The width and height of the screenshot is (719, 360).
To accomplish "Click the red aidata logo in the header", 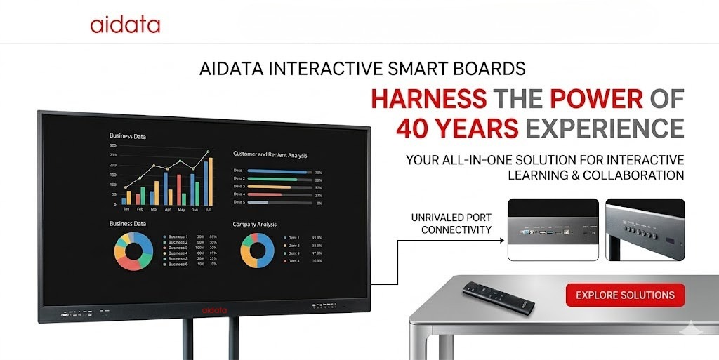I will (125, 26).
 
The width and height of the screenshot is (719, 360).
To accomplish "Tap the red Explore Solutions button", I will (625, 295).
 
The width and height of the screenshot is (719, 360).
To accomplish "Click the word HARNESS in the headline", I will (428, 99).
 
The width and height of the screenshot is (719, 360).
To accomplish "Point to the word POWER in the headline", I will (596, 99).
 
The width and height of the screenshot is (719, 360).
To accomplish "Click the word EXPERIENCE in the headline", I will (605, 128).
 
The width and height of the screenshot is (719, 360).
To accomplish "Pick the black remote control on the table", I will (498, 295).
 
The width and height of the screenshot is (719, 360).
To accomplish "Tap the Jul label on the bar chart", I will (208, 209).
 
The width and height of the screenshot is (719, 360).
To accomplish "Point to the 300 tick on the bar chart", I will (112, 146).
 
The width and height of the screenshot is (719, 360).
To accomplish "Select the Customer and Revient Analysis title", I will (270, 154).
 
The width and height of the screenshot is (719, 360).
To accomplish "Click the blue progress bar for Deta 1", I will (278, 171).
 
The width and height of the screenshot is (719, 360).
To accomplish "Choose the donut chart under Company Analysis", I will (258, 251).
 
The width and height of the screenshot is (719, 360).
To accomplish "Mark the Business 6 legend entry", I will (177, 264).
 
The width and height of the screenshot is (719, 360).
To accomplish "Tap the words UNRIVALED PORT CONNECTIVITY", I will (451, 224).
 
